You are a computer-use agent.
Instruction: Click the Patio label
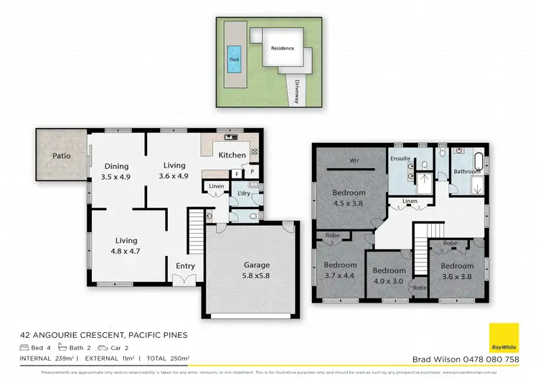(60, 155)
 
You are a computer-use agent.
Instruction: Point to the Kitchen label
(232, 155)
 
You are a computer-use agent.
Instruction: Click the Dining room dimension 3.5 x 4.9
(115, 177)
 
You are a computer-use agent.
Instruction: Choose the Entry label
(185, 266)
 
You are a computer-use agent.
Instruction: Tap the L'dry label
(243, 193)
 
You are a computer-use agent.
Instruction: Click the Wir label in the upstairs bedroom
(353, 160)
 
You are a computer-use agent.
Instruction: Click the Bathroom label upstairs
(467, 171)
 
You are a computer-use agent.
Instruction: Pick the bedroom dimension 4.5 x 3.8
(349, 203)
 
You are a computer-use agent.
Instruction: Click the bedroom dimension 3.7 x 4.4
(339, 275)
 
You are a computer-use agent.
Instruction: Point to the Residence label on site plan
(282, 49)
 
